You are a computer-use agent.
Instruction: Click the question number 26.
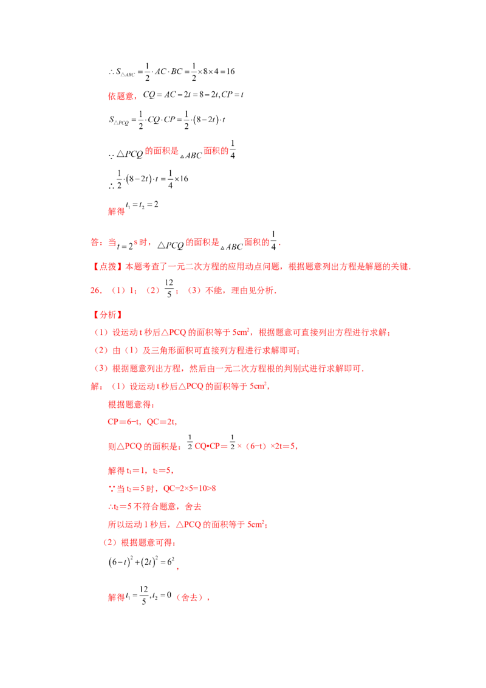coord(95,291)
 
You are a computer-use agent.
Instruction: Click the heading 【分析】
coord(108,315)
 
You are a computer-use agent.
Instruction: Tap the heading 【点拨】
coord(108,266)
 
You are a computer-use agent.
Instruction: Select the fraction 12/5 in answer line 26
coord(169,288)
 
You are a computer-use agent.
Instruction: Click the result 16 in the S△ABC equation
coord(230,71)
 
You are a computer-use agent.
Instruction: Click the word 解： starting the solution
coord(97,386)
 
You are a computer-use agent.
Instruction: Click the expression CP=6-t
coord(123,422)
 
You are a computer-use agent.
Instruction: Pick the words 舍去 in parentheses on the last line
coord(189,597)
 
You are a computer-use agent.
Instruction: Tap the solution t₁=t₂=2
coord(142,205)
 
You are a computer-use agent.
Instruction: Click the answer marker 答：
coord(97,243)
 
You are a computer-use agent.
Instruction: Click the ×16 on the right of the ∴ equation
coord(181,179)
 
